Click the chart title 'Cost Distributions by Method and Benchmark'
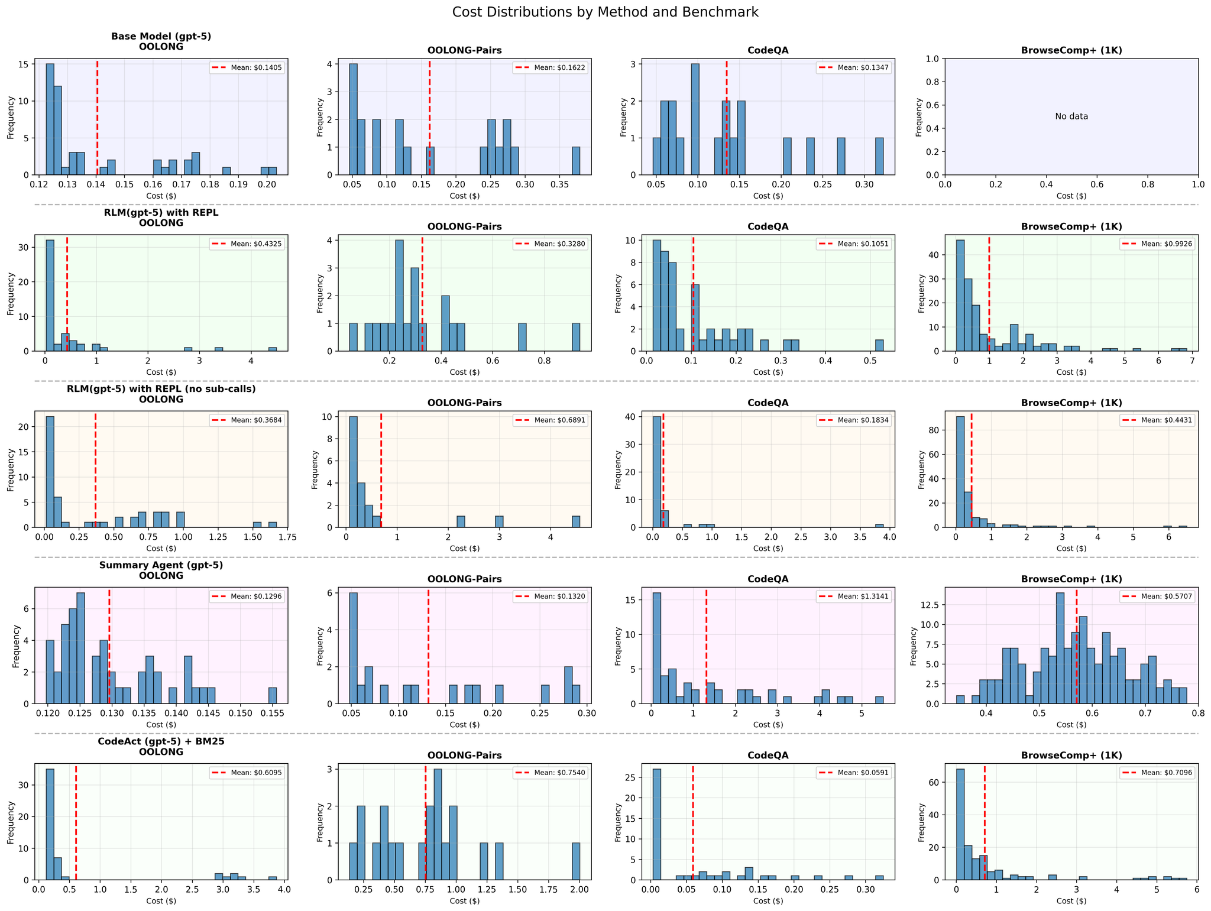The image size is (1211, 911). [605, 12]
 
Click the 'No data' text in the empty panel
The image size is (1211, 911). [1071, 116]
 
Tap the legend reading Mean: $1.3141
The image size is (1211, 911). [853, 596]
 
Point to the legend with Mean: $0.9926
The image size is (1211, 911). [1157, 244]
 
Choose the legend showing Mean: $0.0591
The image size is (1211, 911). [853, 773]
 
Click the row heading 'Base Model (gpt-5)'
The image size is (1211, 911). [161, 36]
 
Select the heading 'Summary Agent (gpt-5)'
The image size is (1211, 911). [161, 565]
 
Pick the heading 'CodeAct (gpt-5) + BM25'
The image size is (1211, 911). [161, 741]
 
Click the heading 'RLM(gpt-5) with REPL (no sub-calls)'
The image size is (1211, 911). [161, 389]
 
